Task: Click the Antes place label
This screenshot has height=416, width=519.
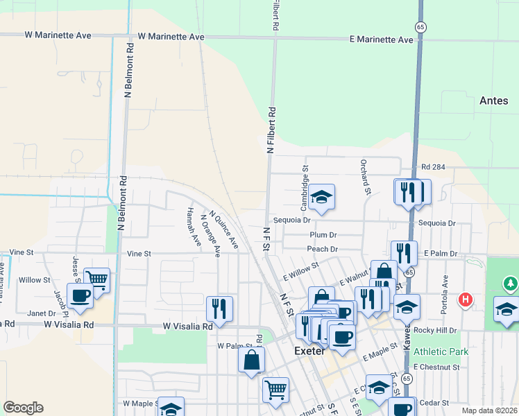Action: click(x=493, y=101)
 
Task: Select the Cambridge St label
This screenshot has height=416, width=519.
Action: click(x=305, y=183)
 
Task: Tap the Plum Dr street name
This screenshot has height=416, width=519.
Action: click(x=323, y=235)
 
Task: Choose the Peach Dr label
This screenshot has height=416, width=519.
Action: click(x=323, y=249)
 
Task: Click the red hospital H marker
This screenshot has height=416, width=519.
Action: click(x=466, y=300)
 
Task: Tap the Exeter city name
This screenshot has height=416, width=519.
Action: click(x=310, y=351)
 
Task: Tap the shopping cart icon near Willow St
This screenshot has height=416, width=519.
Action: click(x=97, y=280)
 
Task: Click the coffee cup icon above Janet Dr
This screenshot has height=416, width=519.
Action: click(x=80, y=295)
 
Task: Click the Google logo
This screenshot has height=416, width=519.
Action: click(x=23, y=408)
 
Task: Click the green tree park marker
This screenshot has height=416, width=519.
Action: click(x=511, y=284)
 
